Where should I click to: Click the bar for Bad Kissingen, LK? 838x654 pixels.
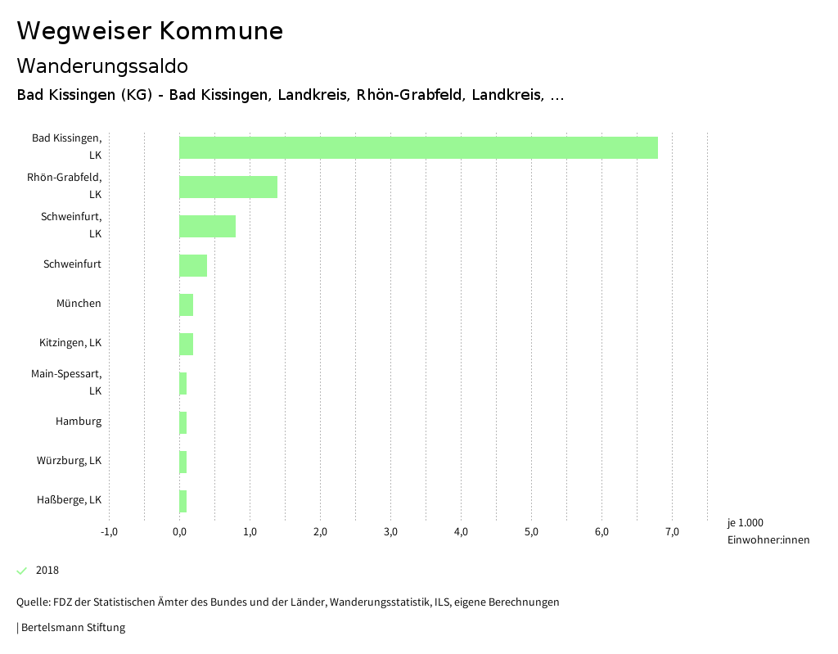tap(418, 147)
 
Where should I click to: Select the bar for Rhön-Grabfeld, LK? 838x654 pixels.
tap(228, 187)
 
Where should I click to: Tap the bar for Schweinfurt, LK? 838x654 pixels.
tap(207, 226)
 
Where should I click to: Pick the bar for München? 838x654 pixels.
tap(186, 304)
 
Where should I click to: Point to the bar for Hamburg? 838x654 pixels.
tap(183, 422)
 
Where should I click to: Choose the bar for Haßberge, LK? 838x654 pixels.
tap(183, 501)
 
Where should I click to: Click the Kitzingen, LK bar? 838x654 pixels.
tap(186, 344)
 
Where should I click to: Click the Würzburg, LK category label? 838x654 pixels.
tap(69, 461)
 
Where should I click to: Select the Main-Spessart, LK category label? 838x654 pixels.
tap(66, 382)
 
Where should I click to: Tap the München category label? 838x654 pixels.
tap(79, 304)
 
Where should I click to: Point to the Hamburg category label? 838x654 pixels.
tap(79, 422)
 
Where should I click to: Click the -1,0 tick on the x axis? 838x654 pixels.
tap(109, 533)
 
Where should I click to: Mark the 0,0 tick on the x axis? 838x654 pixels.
tap(179, 533)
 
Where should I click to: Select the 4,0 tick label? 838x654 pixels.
tap(461, 533)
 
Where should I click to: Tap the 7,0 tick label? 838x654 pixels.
tap(672, 533)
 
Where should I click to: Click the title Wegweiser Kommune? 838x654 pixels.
tap(150, 31)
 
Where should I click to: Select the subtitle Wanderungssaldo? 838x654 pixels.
tap(102, 65)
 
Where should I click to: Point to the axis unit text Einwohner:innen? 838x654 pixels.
tap(768, 540)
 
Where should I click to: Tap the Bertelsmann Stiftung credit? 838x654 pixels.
tap(72, 628)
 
